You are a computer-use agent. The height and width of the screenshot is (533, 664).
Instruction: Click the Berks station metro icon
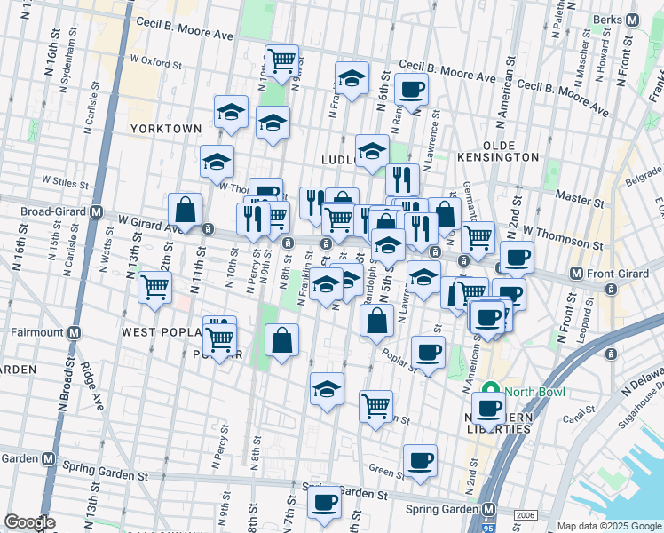tap(632, 20)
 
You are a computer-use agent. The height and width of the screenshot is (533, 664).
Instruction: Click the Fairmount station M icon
tap(74, 333)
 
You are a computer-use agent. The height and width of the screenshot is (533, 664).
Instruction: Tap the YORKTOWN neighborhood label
tap(166, 129)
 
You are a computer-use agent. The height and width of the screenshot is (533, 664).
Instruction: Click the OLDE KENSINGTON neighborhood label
tap(510, 150)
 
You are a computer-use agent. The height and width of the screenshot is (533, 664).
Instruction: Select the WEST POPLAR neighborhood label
tap(158, 332)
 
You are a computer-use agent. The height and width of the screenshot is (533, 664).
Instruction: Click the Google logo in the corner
tap(29, 522)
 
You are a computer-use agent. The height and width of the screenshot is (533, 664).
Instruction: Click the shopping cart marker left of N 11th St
tap(155, 288)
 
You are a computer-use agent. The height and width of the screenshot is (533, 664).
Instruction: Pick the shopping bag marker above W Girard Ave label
tap(185, 211)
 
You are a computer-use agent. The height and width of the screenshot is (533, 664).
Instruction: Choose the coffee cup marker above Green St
tap(420, 461)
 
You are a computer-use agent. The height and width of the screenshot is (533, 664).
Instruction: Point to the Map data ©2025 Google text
tap(608, 525)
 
